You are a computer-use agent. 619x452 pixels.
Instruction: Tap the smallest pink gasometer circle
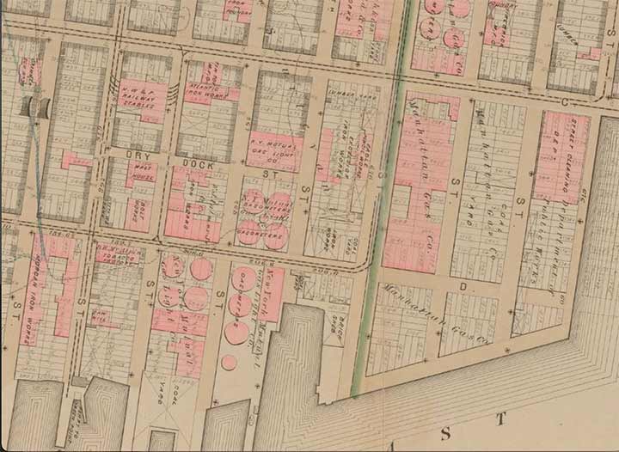tap(229, 362)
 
